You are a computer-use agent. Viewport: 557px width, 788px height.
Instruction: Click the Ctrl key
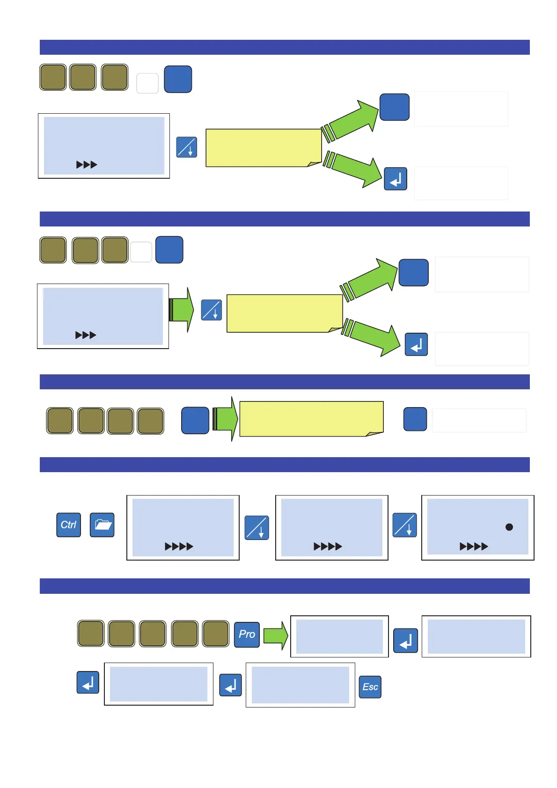point(68,525)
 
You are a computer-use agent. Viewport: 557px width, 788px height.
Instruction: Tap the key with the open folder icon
point(102,525)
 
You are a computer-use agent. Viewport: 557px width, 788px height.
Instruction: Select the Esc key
point(370,687)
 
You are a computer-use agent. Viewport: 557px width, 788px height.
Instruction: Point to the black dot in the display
point(509,527)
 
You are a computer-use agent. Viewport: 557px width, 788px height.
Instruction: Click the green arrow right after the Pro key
point(276,635)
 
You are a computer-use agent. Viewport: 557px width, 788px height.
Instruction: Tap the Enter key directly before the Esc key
point(230,686)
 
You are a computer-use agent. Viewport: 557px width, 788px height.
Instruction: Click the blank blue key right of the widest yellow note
point(415,419)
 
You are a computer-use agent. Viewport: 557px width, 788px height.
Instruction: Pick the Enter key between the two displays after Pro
point(405,640)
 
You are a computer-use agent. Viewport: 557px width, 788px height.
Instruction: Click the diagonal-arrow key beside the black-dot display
point(404,525)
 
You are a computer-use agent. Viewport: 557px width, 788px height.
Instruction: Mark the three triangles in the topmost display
point(87,165)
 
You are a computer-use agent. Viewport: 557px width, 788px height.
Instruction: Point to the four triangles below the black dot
point(474,546)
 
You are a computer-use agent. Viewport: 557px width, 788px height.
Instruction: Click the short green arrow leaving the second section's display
point(181,310)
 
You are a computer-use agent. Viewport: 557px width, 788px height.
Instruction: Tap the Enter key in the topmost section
point(396,179)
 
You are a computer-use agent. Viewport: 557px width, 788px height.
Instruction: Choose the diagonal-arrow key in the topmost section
point(186,147)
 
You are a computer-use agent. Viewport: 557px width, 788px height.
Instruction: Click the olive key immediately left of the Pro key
point(215,634)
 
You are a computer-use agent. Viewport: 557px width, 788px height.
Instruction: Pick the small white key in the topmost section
point(147,83)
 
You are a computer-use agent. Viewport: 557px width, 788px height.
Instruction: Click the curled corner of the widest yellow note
point(374,433)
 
